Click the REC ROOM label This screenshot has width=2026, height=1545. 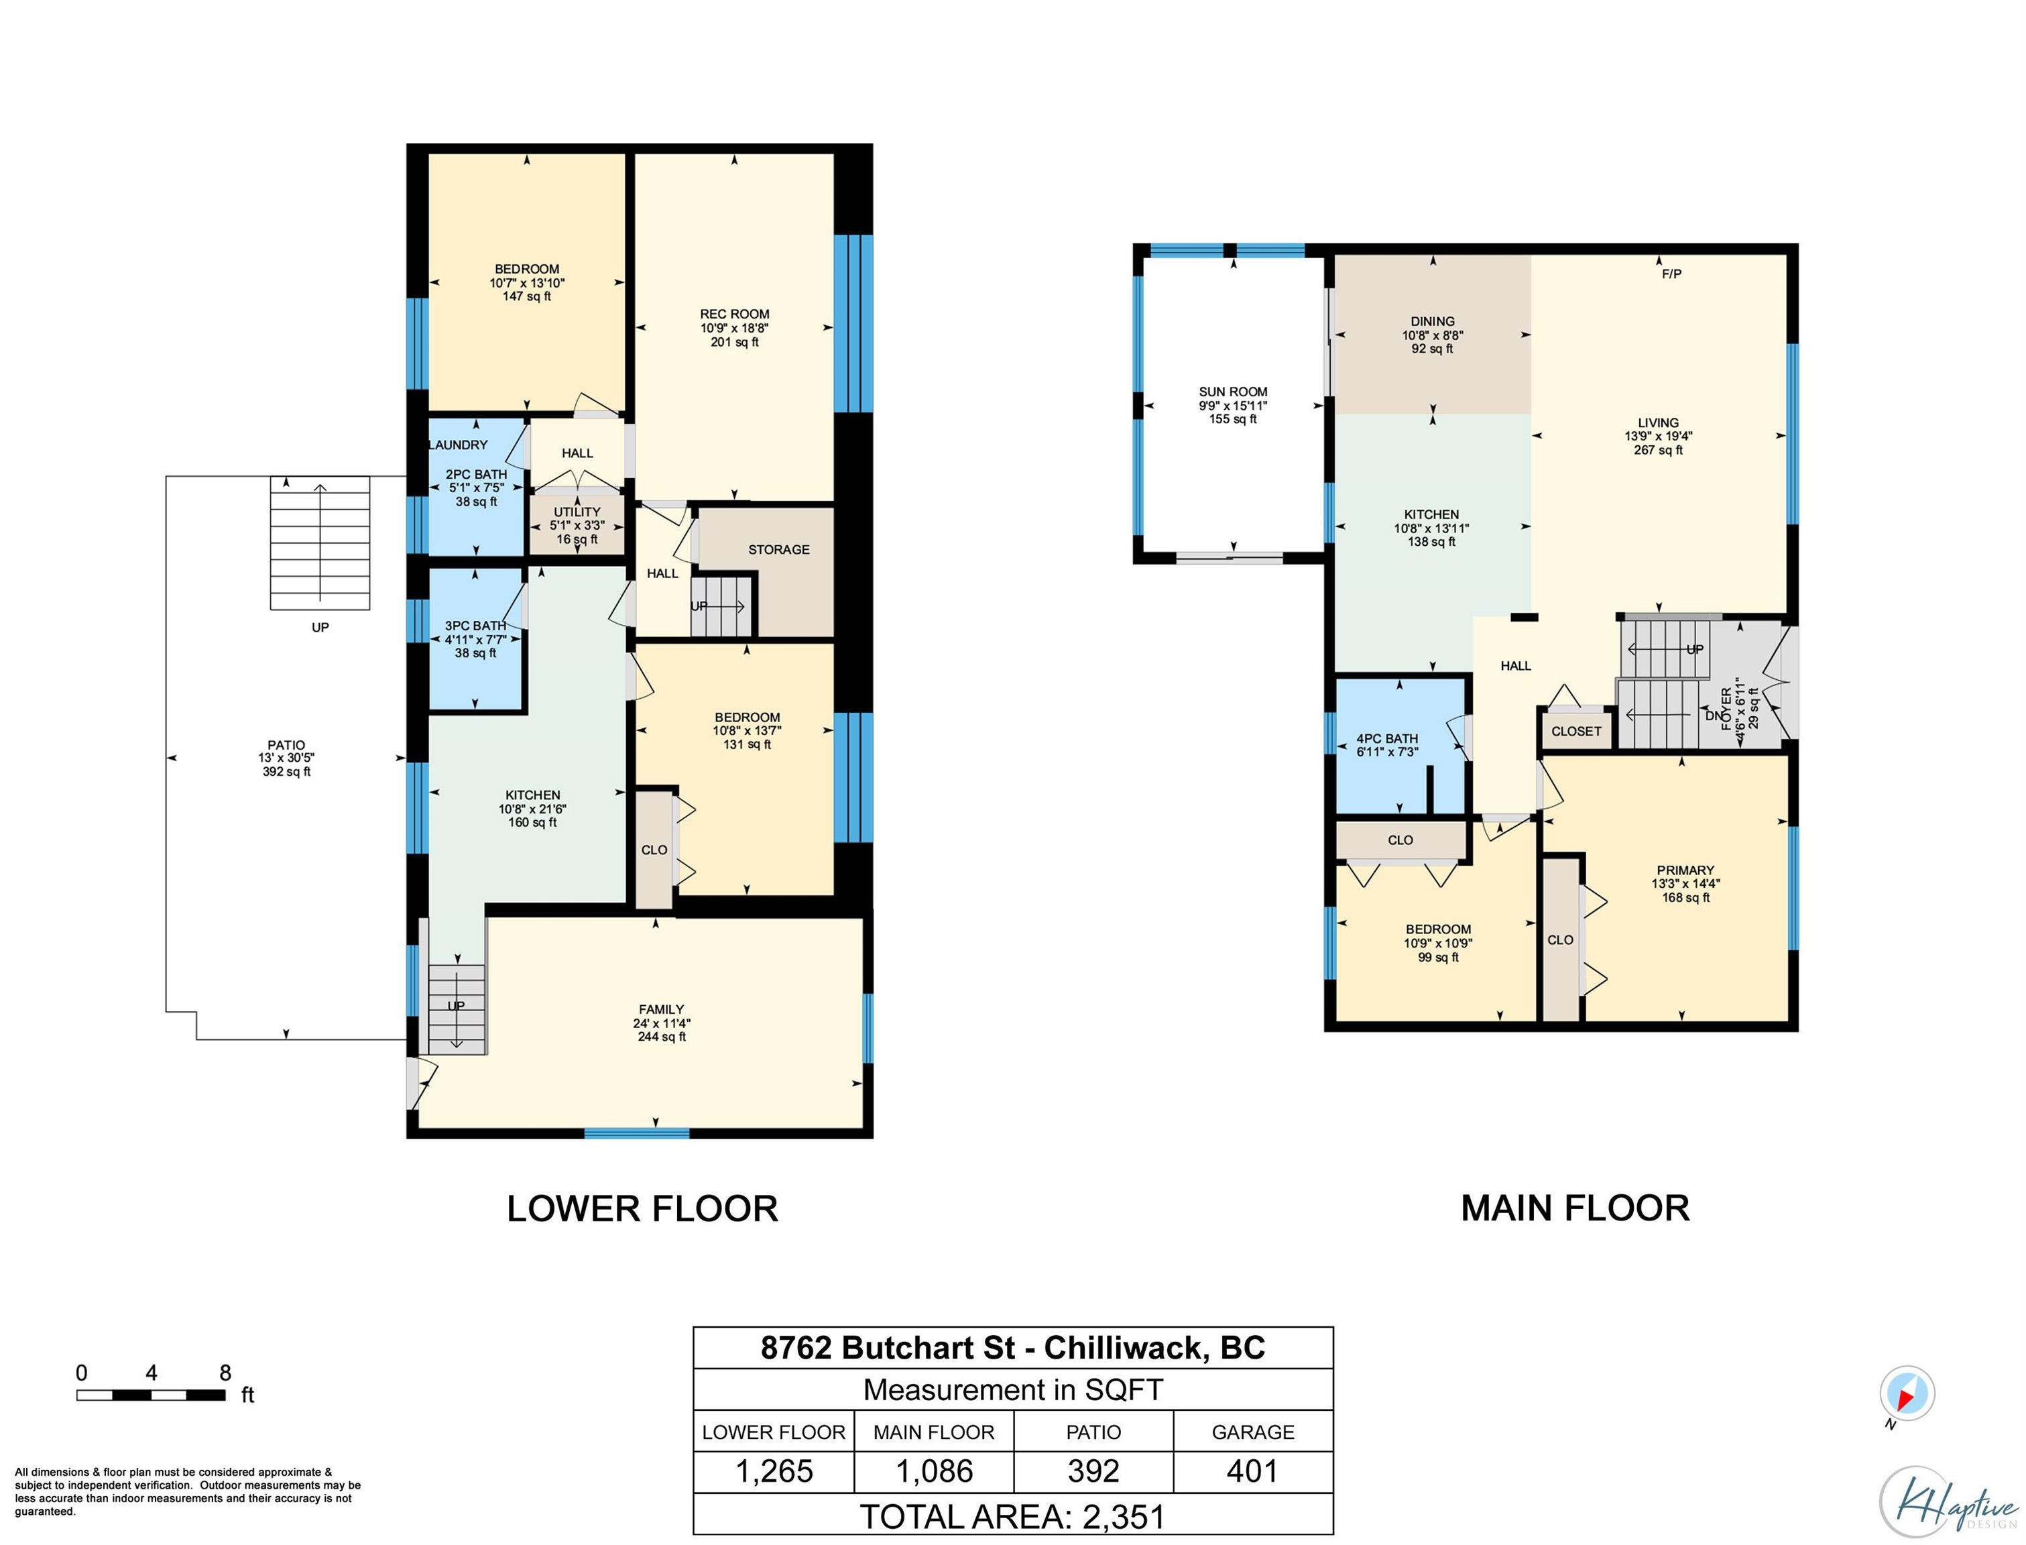735,314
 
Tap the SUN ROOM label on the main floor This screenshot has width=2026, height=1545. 1233,392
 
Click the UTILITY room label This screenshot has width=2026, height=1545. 577,512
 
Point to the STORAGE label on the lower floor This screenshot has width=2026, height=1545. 778,550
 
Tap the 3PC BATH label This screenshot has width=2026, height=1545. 475,626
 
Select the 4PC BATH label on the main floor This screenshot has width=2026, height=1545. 1387,738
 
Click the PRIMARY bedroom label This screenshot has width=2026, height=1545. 1685,870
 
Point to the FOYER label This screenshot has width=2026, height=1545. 1726,709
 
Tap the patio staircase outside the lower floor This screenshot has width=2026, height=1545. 320,542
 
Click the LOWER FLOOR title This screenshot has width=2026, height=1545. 642,1208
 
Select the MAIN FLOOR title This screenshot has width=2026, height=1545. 1575,1208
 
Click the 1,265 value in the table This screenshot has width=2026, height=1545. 774,1471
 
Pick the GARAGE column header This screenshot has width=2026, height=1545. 1253,1432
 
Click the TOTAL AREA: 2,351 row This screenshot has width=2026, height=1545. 1013,1516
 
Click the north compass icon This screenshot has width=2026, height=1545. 1907,1394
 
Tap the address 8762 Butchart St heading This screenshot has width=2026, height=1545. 887,1349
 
